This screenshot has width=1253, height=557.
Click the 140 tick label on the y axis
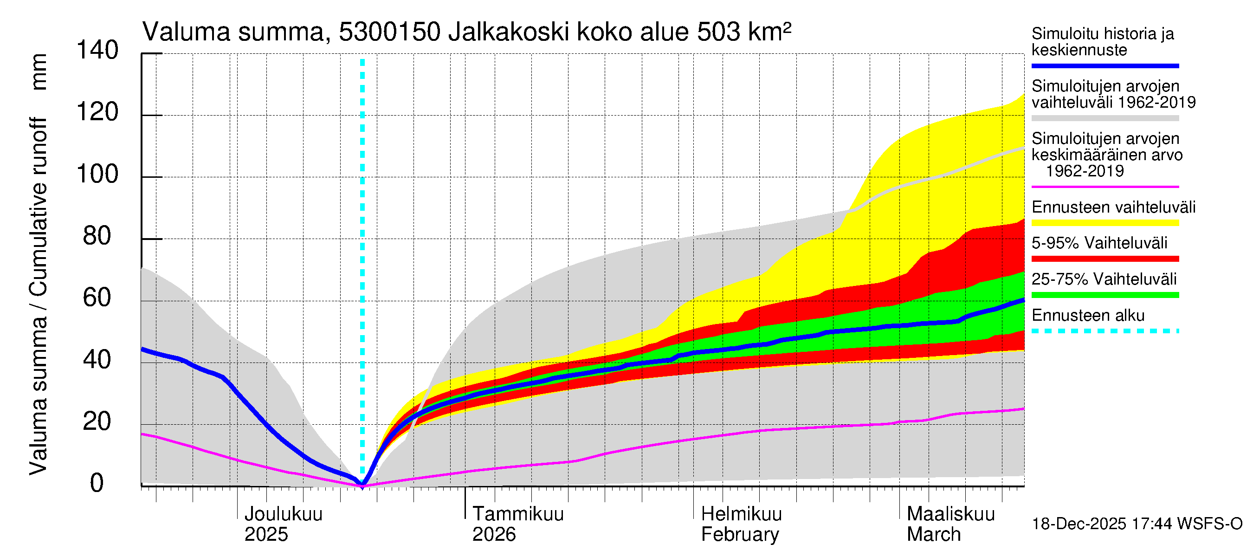(97, 51)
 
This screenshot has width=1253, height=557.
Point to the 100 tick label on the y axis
(97, 174)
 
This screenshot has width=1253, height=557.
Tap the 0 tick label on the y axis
(97, 483)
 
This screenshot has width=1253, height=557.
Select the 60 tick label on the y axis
(97, 298)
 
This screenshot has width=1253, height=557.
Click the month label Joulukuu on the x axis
(283, 514)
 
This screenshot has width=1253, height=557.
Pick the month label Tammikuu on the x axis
(518, 514)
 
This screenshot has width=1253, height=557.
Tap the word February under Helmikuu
(740, 535)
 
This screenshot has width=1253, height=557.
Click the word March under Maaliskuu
(933, 535)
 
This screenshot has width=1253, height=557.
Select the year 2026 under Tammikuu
(494, 535)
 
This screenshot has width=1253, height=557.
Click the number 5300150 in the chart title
(390, 32)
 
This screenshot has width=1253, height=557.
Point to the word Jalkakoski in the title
(509, 32)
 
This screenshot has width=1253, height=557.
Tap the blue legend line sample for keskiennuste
(1105, 65)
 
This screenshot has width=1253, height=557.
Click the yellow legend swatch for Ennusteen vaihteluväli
(1105, 223)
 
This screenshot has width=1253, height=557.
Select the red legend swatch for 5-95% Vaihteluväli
(1105, 259)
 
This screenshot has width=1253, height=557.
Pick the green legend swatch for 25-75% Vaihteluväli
(1105, 295)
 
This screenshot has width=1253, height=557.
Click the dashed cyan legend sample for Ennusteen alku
(1105, 331)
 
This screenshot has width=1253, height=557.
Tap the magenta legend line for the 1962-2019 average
(1105, 187)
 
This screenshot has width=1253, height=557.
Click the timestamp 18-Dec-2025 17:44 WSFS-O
(1137, 524)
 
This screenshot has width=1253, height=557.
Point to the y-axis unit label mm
(39, 72)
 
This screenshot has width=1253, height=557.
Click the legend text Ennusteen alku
(1088, 316)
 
